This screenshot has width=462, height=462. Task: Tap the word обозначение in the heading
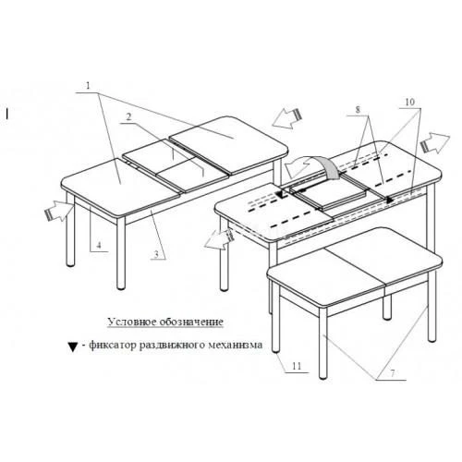[190, 322]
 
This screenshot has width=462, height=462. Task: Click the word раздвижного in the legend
[204, 346]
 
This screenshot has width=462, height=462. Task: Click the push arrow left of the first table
[55, 213]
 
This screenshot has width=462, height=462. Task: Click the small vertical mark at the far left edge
[6, 114]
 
